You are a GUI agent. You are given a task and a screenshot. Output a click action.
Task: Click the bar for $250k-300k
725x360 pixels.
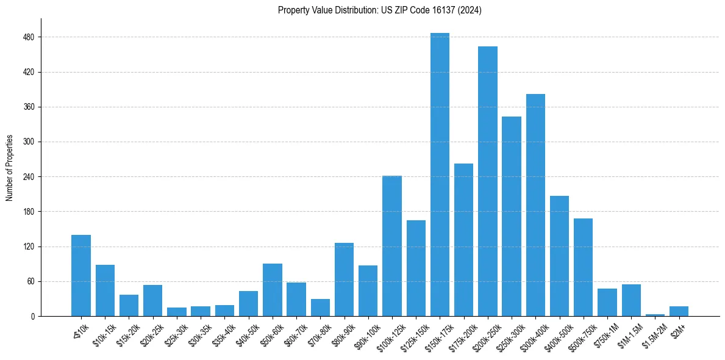(512, 216)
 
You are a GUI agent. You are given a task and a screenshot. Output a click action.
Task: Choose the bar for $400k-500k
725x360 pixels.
(559, 256)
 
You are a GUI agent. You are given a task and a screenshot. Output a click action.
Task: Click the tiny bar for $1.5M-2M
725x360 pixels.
(655, 315)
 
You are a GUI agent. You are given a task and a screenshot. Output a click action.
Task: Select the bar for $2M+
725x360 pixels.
(679, 311)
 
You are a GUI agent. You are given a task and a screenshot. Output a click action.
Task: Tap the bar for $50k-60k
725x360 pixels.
(272, 290)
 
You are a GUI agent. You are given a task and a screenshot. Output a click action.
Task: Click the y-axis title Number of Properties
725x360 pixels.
(9, 168)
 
